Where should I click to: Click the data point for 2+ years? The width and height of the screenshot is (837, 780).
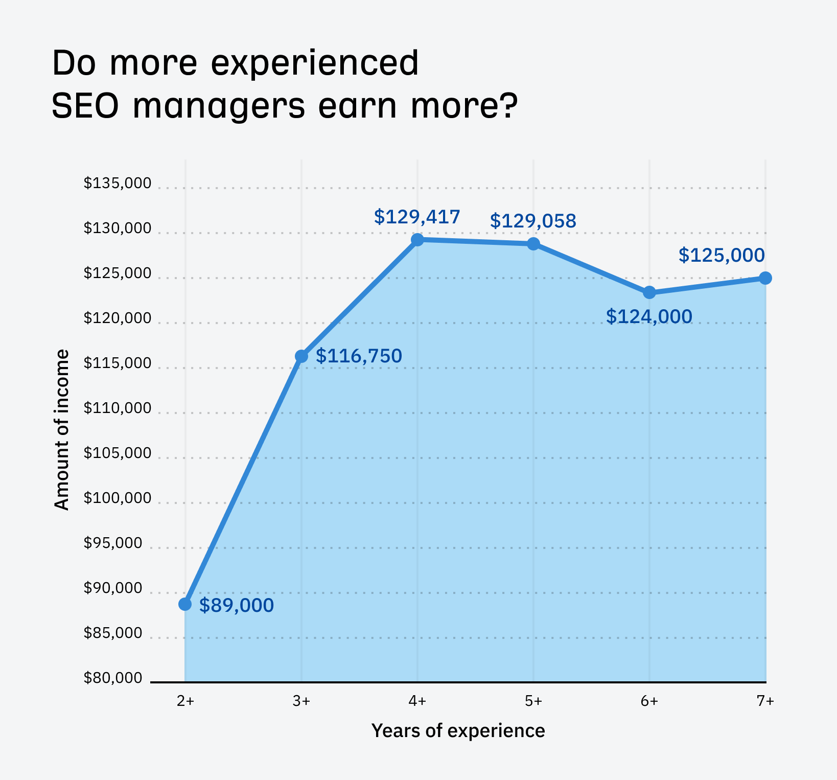pyautogui.click(x=185, y=604)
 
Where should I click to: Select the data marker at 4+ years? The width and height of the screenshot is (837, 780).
pyautogui.click(x=417, y=239)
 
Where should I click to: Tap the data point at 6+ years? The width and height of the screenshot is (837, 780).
pyautogui.click(x=649, y=292)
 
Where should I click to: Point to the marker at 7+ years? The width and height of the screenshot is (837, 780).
pyautogui.click(x=765, y=278)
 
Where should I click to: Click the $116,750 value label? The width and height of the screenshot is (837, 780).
pyautogui.click(x=359, y=356)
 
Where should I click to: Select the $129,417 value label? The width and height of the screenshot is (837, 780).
pyautogui.click(x=417, y=217)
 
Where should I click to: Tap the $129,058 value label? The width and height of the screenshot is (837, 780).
pyautogui.click(x=533, y=221)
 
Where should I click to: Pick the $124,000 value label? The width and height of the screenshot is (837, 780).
pyautogui.click(x=649, y=316)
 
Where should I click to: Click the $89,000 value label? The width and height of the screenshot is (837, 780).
pyautogui.click(x=236, y=605)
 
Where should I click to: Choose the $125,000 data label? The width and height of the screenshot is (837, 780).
pyautogui.click(x=722, y=255)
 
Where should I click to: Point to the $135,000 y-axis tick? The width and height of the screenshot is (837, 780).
pyautogui.click(x=118, y=183)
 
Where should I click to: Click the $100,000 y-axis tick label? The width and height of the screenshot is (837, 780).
pyautogui.click(x=118, y=498)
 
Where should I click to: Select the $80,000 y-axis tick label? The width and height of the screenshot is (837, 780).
pyautogui.click(x=113, y=678)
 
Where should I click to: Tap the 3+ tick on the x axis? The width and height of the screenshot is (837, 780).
pyautogui.click(x=301, y=701)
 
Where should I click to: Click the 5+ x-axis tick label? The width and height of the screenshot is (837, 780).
pyautogui.click(x=533, y=701)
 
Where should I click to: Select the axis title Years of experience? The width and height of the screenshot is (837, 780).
pyautogui.click(x=458, y=730)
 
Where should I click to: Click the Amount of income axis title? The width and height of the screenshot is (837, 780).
pyautogui.click(x=61, y=429)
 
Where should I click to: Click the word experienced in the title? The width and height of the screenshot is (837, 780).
pyautogui.click(x=315, y=64)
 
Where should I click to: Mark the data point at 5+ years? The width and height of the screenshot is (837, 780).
pyautogui.click(x=533, y=244)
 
